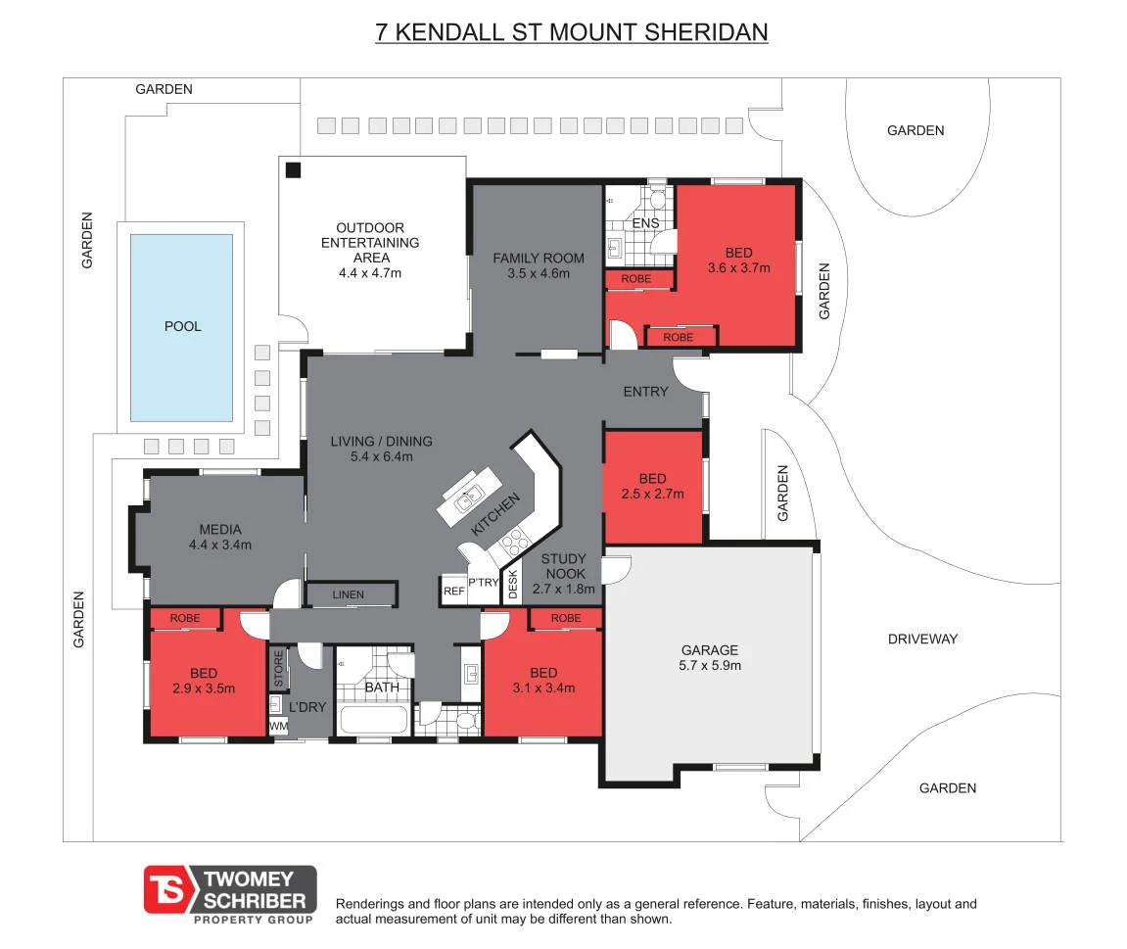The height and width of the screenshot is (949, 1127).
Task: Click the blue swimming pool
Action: tap(181, 328)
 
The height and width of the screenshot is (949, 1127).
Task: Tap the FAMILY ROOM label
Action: tap(539, 259)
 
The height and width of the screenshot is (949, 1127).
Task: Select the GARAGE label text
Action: tap(710, 650)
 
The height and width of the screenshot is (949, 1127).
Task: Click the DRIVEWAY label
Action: tap(922, 640)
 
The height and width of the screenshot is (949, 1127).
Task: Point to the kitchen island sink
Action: tap(469, 497)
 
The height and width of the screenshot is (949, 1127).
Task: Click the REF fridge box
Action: tap(453, 591)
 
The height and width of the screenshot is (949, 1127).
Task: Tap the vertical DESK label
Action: tap(512, 584)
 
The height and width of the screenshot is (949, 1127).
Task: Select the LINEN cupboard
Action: tap(352, 594)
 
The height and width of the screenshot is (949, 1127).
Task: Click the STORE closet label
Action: tap(278, 669)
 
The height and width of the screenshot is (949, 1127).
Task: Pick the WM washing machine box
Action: tap(278, 726)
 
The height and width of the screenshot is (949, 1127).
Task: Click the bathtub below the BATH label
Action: tap(373, 720)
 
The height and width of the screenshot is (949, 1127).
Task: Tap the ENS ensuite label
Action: tap(645, 223)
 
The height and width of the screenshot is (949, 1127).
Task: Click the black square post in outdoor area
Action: tap(293, 170)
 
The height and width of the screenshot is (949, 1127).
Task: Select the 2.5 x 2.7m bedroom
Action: tap(653, 487)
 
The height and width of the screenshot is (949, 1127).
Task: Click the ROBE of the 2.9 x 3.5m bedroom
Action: tap(185, 618)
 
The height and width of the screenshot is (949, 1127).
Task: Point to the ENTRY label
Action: tap(645, 392)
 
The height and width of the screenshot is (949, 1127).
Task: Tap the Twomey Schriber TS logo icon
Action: tap(169, 889)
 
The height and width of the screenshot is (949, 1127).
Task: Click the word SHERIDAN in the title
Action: tap(707, 32)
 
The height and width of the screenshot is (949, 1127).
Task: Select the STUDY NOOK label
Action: tap(564, 566)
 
